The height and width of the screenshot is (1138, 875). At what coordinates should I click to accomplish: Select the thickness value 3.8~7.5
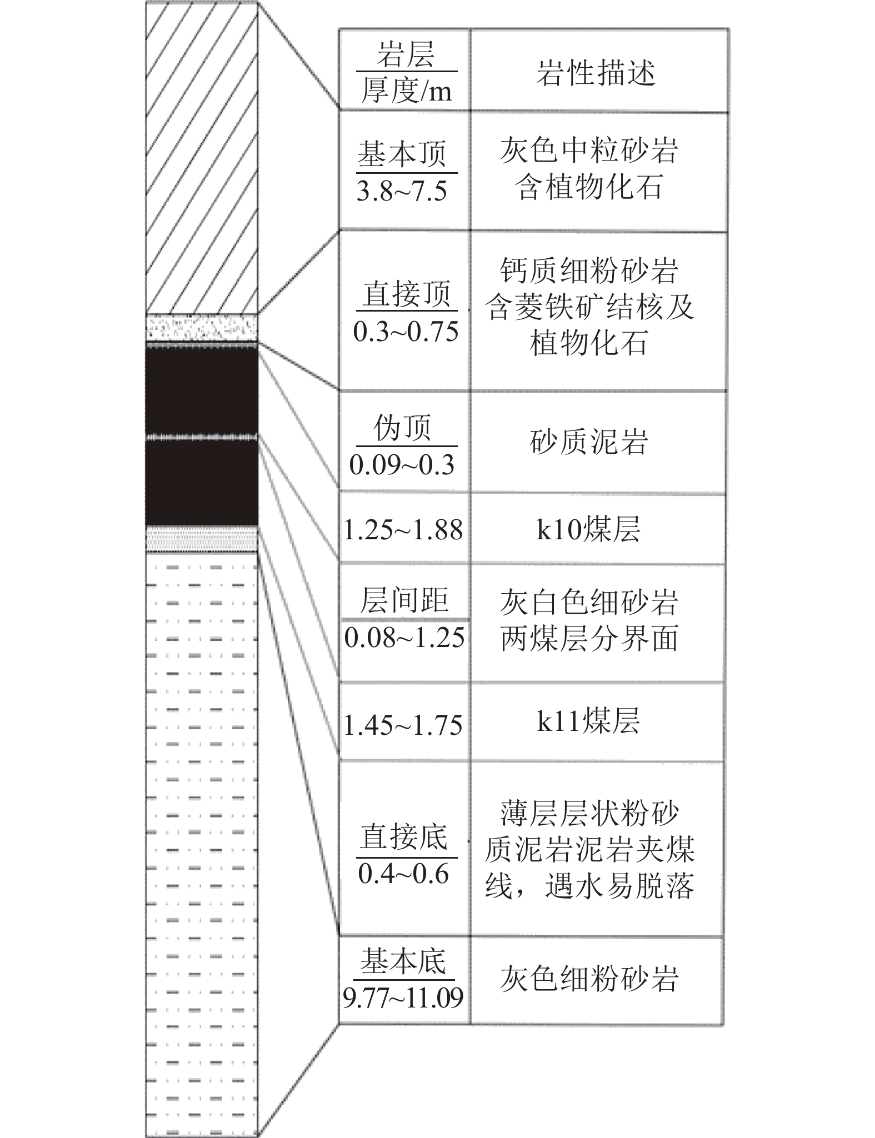click(402, 191)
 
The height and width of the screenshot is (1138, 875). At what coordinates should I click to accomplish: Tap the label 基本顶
click(402, 154)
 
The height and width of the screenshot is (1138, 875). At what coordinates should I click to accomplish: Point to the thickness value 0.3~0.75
click(406, 332)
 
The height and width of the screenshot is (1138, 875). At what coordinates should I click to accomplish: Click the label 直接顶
click(406, 294)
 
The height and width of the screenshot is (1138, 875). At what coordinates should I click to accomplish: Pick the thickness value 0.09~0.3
click(402, 464)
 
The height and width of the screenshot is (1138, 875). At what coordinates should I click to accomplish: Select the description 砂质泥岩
click(589, 442)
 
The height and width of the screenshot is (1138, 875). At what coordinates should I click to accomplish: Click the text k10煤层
click(588, 529)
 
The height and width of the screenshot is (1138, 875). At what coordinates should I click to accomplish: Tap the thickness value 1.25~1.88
click(403, 530)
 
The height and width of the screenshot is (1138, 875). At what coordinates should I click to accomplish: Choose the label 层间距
click(404, 600)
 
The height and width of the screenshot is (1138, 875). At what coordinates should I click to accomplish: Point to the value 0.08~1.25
click(404, 638)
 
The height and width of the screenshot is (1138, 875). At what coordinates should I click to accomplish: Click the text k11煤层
click(588, 720)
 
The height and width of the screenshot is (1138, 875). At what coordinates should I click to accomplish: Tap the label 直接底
click(403, 837)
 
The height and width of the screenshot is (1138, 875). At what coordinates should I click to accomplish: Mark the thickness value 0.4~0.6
click(403, 874)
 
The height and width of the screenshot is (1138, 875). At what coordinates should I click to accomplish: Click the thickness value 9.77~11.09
click(403, 998)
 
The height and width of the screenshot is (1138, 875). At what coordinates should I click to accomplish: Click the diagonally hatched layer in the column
click(202, 158)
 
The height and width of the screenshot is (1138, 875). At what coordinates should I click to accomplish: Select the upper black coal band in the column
click(202, 390)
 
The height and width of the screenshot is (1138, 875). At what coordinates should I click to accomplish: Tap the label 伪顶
click(402, 428)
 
